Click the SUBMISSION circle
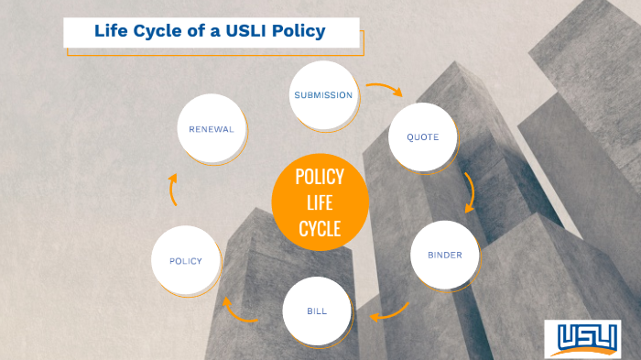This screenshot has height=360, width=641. click(x=322, y=95)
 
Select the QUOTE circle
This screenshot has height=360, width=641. click(x=423, y=137)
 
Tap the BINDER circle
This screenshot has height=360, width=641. click(x=445, y=255)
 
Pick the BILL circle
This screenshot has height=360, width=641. click(x=317, y=311)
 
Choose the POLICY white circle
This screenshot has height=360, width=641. click(x=186, y=261)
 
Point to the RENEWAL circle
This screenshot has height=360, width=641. click(x=212, y=129)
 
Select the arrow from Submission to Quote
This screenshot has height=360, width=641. click(x=385, y=90)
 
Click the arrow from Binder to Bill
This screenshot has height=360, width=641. click(x=388, y=313)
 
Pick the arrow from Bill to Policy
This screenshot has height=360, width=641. click(x=241, y=312)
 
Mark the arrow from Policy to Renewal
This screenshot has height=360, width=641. click(x=174, y=191)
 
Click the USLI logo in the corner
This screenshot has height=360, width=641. click(x=581, y=338)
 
